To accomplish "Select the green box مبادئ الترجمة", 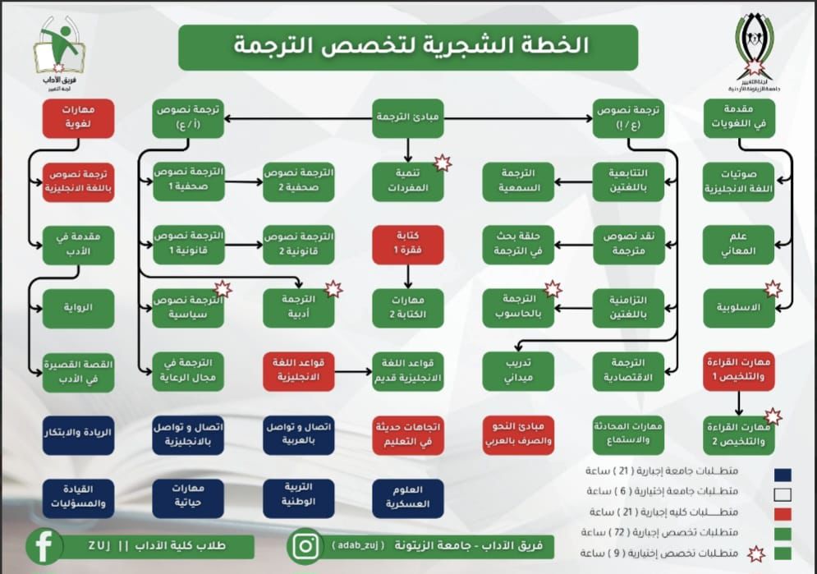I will pyautogui.click(x=409, y=119).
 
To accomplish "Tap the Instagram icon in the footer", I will pyautogui.click(x=306, y=546).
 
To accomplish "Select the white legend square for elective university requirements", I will pyautogui.click(x=783, y=493).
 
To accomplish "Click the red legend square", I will pyautogui.click(x=783, y=513).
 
